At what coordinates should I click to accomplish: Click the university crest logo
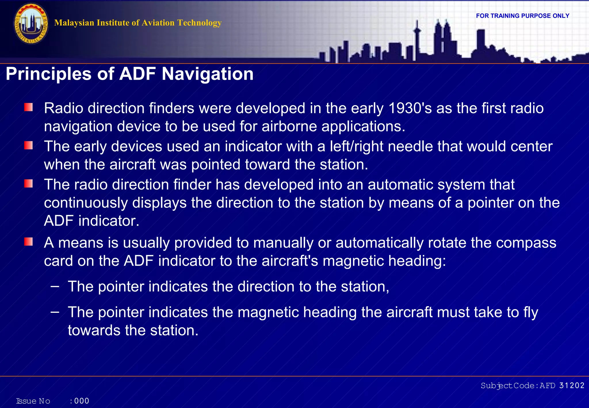click(31, 24)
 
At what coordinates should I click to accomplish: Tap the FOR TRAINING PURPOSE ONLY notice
click(523, 16)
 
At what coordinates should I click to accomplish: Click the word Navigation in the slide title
click(207, 74)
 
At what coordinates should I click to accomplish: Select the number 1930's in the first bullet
click(410, 108)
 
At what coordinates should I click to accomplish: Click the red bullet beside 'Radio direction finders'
click(28, 108)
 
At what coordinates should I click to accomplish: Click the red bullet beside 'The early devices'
click(28, 145)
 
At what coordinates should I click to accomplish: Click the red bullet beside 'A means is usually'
click(28, 242)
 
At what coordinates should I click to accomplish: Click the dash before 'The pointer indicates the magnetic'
click(55, 312)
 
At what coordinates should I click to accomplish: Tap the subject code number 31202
click(572, 386)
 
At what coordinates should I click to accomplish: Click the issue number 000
click(82, 401)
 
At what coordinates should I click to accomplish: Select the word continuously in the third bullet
click(86, 203)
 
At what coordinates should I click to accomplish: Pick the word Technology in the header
click(199, 23)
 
